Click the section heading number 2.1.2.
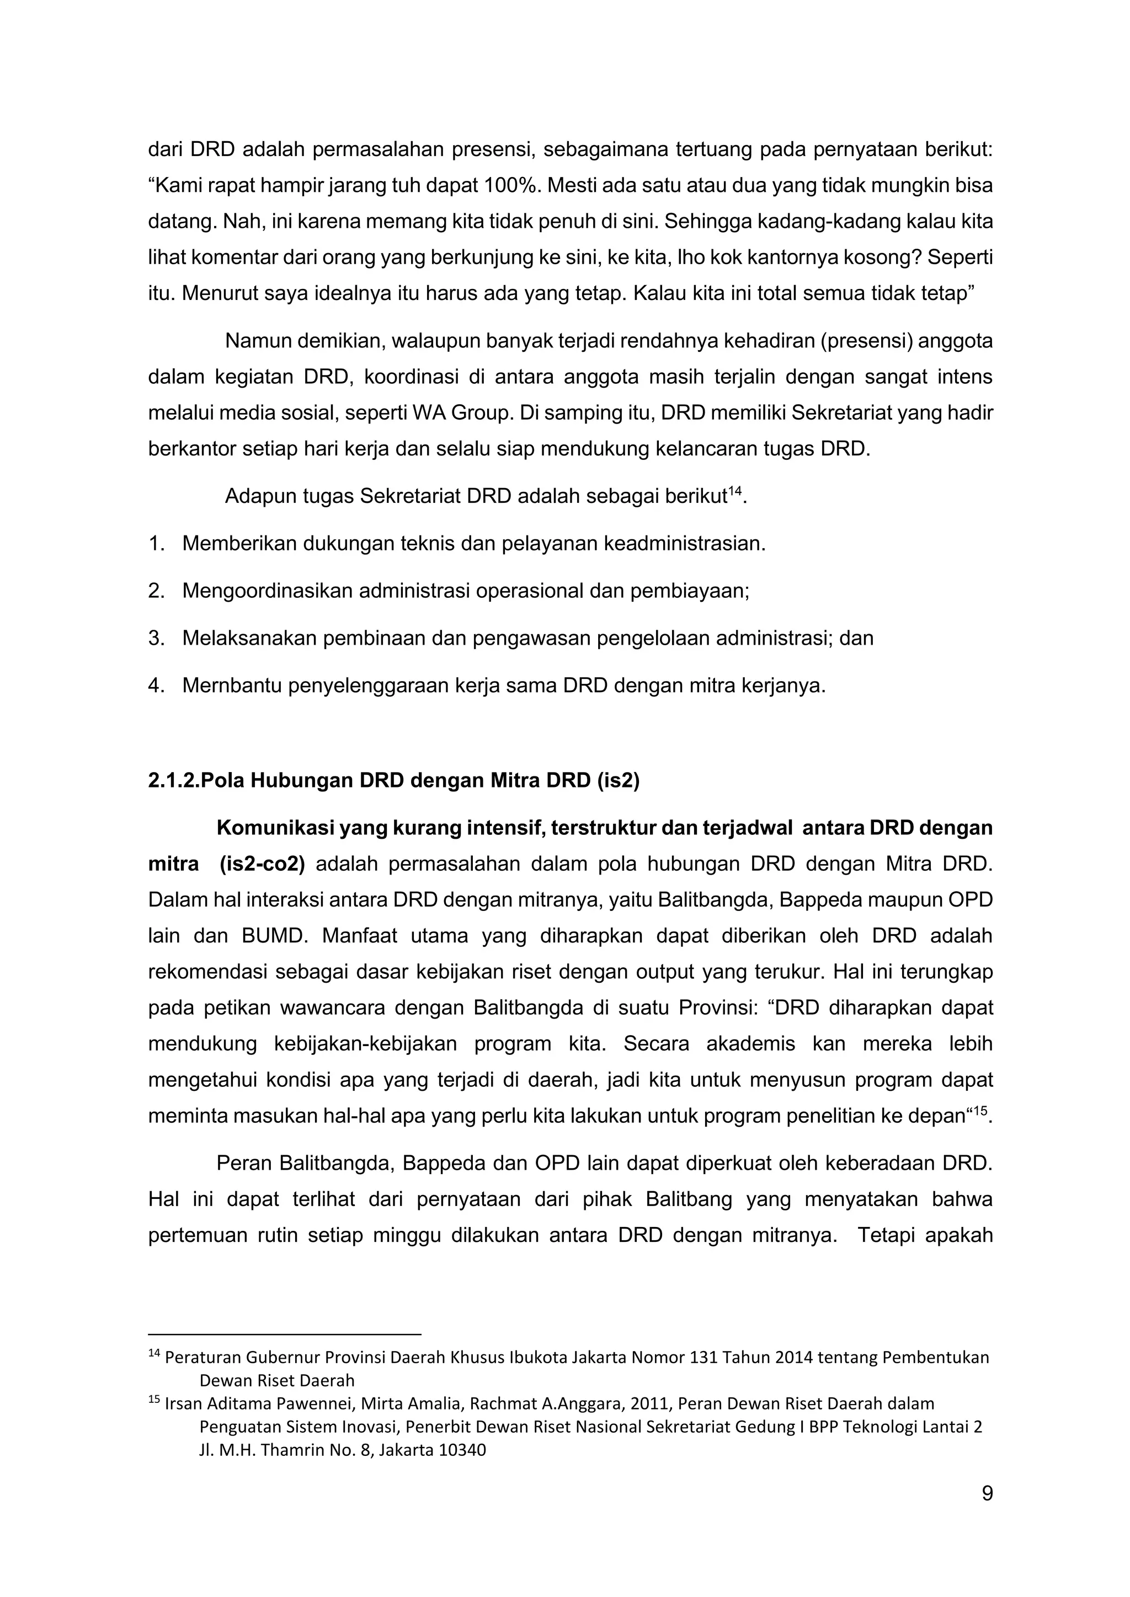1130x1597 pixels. coord(173,780)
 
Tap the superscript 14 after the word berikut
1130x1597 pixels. coord(735,492)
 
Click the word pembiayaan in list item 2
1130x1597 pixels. coord(688,591)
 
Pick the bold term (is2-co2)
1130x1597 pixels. coord(262,864)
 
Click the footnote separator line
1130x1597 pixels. coord(285,1335)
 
